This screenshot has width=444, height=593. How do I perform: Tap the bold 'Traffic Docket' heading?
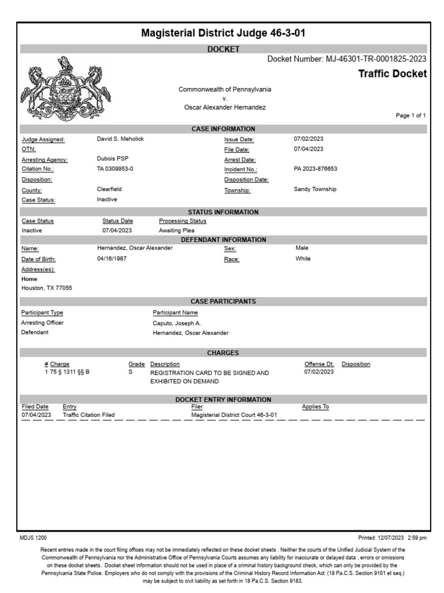[x=393, y=74]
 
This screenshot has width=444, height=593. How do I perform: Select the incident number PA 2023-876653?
[x=316, y=169]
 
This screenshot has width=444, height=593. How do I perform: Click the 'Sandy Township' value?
[x=315, y=189]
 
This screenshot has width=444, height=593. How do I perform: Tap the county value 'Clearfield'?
[x=109, y=189]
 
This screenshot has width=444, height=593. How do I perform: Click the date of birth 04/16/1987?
[x=112, y=259]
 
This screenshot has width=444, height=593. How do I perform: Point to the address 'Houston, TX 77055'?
[x=47, y=288]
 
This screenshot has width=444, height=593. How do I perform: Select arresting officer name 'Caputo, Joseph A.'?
[x=177, y=323]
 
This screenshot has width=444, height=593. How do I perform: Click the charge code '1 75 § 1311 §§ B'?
[x=67, y=372]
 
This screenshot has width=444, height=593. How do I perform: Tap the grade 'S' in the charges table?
[x=130, y=372]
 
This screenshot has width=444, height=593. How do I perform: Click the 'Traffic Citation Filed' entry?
[x=88, y=415]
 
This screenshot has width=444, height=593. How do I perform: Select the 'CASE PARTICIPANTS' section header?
[x=223, y=302]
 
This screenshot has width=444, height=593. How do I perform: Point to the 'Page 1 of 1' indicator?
[x=410, y=116]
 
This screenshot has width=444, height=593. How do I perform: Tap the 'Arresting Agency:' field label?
[x=45, y=160]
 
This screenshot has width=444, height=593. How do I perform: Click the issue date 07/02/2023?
[x=309, y=140]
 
